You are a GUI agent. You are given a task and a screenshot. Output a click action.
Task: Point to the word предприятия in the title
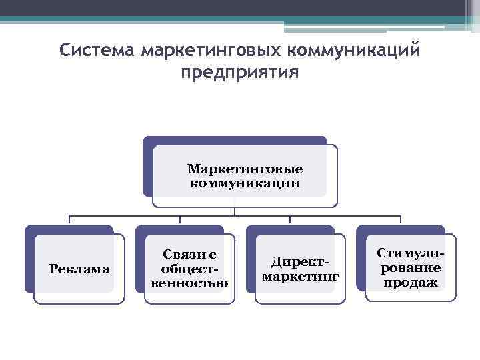pyautogui.click(x=239, y=71)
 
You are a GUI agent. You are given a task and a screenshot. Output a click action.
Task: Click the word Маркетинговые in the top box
pyautogui.click(x=245, y=169)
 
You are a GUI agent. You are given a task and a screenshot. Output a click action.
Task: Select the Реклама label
pyautogui.click(x=79, y=269)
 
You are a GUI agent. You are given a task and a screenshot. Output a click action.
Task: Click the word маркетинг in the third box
pyautogui.click(x=301, y=275)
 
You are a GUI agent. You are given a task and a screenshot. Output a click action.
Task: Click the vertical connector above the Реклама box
pyautogui.click(x=70, y=221)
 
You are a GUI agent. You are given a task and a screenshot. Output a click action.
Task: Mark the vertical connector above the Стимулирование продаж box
pyautogui.click(x=401, y=221)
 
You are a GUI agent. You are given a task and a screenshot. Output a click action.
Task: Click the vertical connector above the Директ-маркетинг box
pyautogui.click(x=291, y=221)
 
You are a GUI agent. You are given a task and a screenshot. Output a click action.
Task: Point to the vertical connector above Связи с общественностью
pyautogui.click(x=180, y=221)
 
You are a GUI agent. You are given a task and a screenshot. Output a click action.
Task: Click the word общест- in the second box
pyautogui.click(x=190, y=269)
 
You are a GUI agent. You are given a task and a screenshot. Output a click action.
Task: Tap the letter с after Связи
pyautogui.click(x=213, y=254)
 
